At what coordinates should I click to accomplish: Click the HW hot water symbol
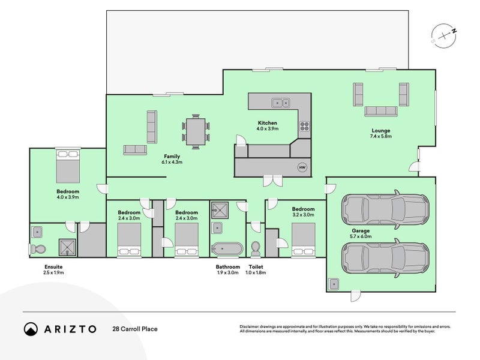(302, 167)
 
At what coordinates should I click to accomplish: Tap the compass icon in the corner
(445, 35)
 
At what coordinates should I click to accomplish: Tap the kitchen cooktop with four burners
(304, 126)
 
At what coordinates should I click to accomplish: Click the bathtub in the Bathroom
(226, 248)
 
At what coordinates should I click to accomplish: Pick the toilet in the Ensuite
(38, 248)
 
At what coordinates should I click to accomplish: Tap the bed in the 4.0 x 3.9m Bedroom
(67, 166)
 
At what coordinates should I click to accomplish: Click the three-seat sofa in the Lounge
(381, 110)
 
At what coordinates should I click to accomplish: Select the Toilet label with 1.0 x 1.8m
(256, 269)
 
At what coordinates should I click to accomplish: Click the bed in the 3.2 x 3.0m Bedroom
(303, 240)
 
